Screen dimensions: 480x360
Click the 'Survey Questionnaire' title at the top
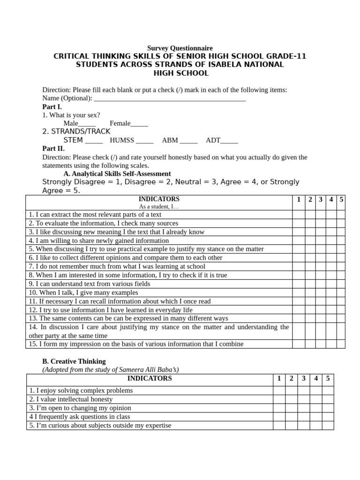(180, 48)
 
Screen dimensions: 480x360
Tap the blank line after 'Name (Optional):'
(170, 98)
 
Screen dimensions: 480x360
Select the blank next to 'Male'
(87, 124)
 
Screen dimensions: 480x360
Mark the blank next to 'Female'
(139, 124)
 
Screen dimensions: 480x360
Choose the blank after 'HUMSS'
(145, 141)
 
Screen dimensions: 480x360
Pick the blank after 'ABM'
(189, 141)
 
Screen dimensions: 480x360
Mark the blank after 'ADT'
(229, 141)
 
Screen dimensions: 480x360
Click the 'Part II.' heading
(53, 149)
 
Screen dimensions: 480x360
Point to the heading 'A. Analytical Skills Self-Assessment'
(117, 174)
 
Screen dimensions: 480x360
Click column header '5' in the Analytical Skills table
(341, 200)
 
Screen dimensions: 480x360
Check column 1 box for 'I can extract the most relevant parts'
(298, 215)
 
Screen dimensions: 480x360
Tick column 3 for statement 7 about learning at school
(320, 266)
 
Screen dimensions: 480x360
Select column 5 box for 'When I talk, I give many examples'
(341, 292)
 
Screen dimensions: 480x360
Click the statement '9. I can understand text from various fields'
(90, 284)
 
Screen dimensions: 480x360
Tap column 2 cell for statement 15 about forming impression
(310, 344)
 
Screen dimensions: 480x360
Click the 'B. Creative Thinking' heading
(74, 361)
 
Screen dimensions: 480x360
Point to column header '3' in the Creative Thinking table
(303, 378)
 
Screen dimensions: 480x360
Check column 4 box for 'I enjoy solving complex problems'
(316, 390)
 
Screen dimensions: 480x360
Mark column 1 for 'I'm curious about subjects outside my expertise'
(279, 426)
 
